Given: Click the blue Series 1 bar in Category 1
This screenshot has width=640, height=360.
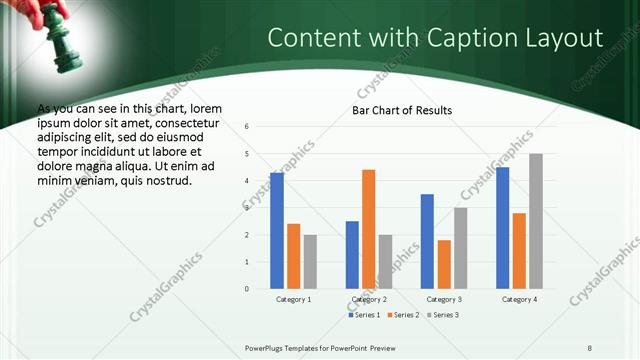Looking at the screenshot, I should pos(277,231).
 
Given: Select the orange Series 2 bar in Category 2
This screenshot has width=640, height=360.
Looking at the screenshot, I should pos(368,229).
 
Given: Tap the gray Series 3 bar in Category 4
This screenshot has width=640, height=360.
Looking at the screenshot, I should pos(535,221).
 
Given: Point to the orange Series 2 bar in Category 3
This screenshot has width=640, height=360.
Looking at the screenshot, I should pos(443,264).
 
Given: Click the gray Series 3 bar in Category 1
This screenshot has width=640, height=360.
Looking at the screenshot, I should pos(310,262).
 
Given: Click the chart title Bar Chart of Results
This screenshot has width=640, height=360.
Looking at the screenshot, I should pos(402,110).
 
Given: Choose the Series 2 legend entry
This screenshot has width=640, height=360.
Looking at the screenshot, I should pos(403,315).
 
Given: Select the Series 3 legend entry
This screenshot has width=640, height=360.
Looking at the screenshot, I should pos(441,315).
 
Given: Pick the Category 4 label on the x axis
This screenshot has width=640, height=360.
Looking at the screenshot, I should pos(518,299).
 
